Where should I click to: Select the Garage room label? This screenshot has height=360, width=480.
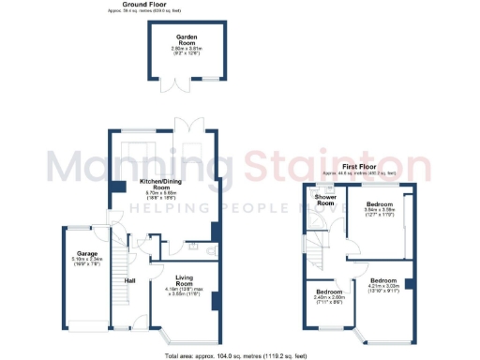coord(87,253)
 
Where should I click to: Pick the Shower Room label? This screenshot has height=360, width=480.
coord(325,200)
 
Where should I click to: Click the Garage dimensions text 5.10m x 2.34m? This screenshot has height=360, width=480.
coord(87,262)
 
